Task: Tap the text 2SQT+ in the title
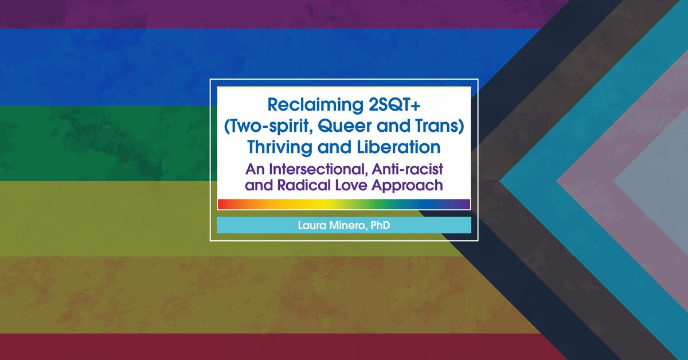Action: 394,104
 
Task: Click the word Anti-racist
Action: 407,169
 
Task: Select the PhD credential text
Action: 380,225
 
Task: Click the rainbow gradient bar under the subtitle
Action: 343,204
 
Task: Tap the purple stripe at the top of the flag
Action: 270,14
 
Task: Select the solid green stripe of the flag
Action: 104,143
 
